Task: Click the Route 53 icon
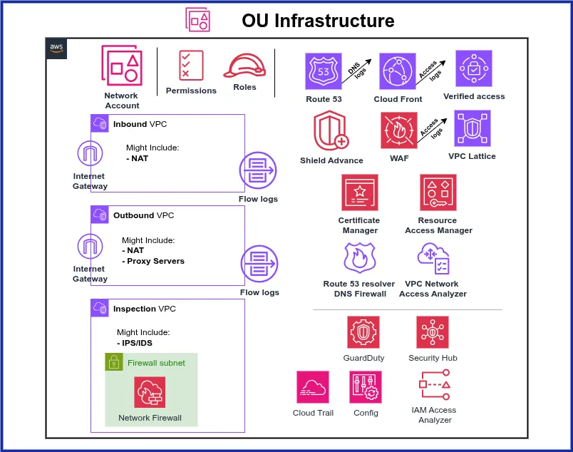coord(323,71)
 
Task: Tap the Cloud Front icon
coord(398,71)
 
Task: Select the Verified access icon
coord(474,69)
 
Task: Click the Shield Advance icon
coord(331,132)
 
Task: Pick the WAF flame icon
coord(398,132)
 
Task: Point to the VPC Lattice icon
coord(473,129)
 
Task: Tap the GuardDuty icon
coord(363,332)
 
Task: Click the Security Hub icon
coord(433,332)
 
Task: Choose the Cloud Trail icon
coord(313,387)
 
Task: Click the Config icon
coord(366,387)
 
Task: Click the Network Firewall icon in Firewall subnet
coord(150,392)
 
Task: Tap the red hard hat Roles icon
coord(244,66)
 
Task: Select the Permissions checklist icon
coord(191,66)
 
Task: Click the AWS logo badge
coord(56,47)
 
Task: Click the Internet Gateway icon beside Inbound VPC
coord(89,154)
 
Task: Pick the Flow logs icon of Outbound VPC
coord(258,263)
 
